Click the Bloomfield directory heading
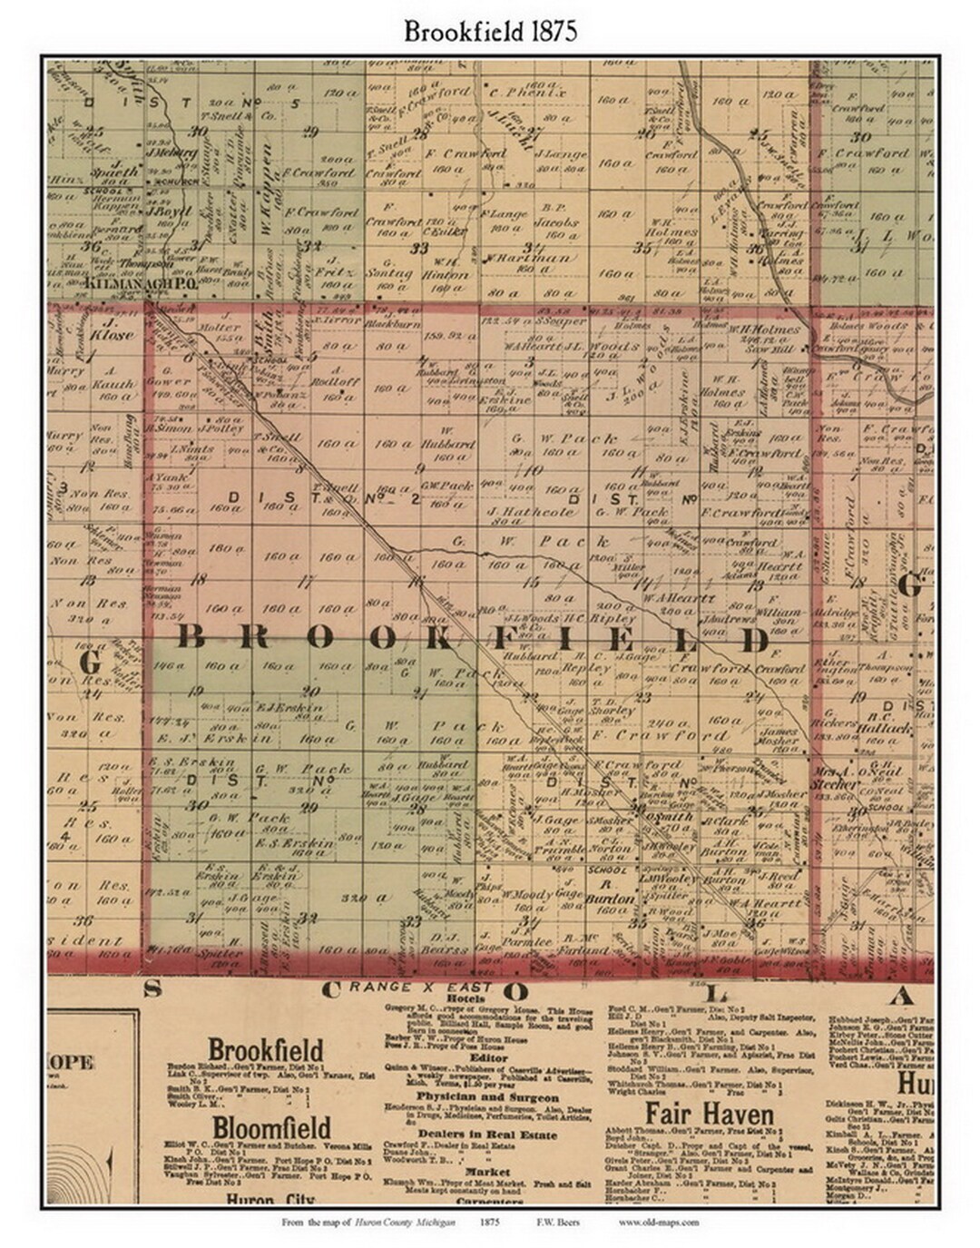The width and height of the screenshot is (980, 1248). coord(257,1128)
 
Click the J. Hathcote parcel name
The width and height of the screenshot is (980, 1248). coord(532,512)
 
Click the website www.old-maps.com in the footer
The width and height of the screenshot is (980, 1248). coord(658,1222)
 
